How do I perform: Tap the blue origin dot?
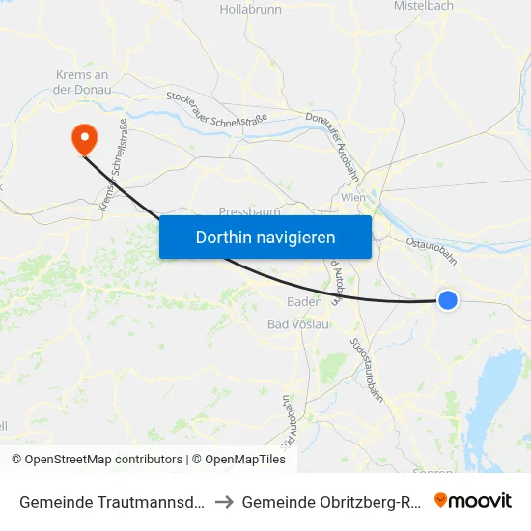[x=448, y=300]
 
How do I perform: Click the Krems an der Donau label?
[x=82, y=82]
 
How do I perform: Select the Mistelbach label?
[x=424, y=6]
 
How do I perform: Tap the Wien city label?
[x=353, y=198]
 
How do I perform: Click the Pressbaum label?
[x=249, y=211]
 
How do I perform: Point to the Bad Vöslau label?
[x=298, y=324]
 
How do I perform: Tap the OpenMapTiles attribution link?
[x=238, y=460]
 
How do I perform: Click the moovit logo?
[x=473, y=501]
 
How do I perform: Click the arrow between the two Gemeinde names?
[x=222, y=502]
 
